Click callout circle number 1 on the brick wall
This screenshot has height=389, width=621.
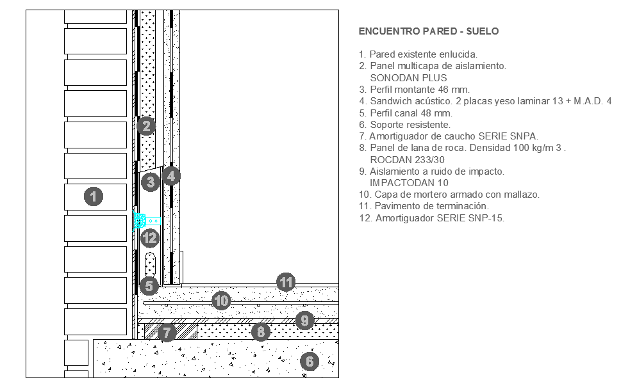[94, 196]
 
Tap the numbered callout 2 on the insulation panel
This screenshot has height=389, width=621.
[146, 126]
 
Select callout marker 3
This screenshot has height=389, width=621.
[151, 182]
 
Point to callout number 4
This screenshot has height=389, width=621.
[171, 177]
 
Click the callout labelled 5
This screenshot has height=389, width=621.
[149, 286]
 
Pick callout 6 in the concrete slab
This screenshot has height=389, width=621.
[310, 361]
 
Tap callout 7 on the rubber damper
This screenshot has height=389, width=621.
[167, 333]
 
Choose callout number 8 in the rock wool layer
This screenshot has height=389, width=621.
[261, 331]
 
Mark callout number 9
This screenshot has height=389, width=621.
[304, 320]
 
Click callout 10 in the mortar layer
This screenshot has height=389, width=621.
[221, 301]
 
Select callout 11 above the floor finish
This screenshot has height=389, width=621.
[286, 282]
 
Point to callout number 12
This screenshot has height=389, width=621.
[150, 238]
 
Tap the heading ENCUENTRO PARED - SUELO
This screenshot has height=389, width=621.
[429, 31]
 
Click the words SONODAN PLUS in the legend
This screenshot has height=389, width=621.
[408, 78]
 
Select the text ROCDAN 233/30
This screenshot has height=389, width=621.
[407, 160]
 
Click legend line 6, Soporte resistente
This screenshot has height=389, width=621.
[405, 125]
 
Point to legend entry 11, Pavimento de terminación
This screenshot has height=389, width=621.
[424, 206]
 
